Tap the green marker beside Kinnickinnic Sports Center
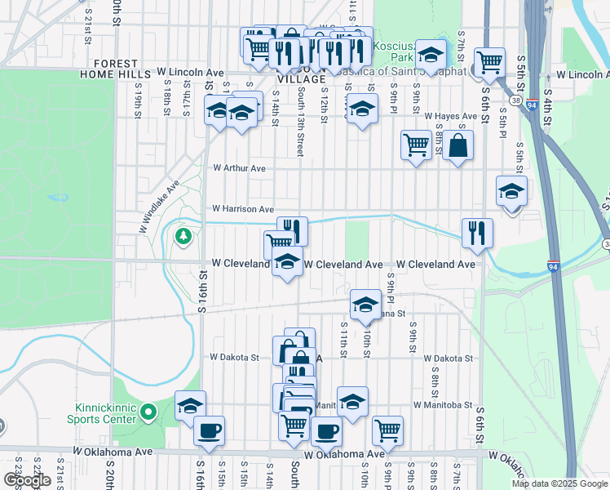point(148,412)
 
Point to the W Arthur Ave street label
point(240,168)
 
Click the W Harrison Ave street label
point(243,209)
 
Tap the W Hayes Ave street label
point(444,117)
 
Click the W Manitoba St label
point(443,404)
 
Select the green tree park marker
point(183,237)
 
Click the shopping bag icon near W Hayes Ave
point(458,145)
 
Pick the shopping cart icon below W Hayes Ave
point(416,145)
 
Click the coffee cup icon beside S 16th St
point(209,430)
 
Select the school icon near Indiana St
point(365,305)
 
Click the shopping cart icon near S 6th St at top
point(489,60)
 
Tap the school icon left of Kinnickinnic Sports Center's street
point(190,405)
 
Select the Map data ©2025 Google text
point(559,483)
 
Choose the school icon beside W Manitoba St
point(352,402)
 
